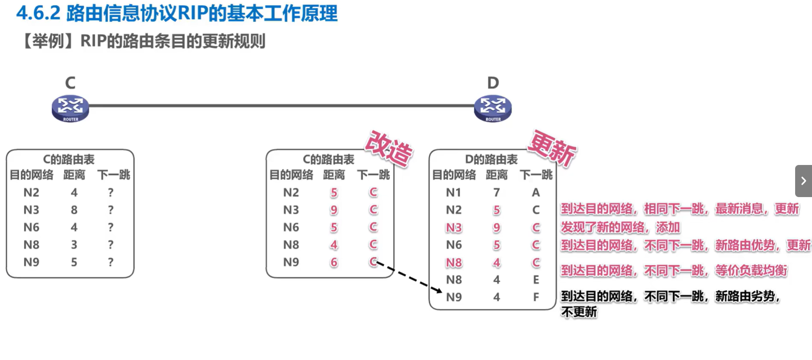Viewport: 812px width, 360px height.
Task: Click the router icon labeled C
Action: pyautogui.click(x=70, y=108)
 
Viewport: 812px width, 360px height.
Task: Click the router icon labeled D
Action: pyautogui.click(x=493, y=108)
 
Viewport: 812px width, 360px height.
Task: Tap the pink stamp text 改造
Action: pyautogui.click(x=389, y=149)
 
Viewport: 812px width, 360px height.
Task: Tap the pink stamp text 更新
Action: pyautogui.click(x=552, y=148)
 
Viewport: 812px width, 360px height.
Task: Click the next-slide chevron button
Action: pyautogui.click(x=803, y=181)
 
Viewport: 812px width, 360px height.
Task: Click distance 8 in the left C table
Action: pyautogui.click(x=74, y=210)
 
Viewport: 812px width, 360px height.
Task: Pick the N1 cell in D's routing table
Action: pyautogui.click(x=454, y=193)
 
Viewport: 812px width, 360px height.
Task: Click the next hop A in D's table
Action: pyautogui.click(x=536, y=193)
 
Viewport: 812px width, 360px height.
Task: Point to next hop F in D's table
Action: pyautogui.click(x=536, y=297)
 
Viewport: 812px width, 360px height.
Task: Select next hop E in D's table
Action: pyautogui.click(x=536, y=280)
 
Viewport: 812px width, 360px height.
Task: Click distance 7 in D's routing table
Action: pyautogui.click(x=497, y=193)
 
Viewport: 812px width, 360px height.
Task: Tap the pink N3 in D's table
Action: pyautogui.click(x=454, y=228)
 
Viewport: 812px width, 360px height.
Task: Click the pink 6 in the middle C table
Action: pyautogui.click(x=334, y=262)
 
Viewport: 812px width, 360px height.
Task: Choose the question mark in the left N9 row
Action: pyautogui.click(x=111, y=262)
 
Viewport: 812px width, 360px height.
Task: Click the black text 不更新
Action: pyautogui.click(x=579, y=312)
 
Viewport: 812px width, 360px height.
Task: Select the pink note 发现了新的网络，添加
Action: pyautogui.click(x=620, y=227)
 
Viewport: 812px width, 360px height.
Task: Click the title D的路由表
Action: pyautogui.click(x=491, y=159)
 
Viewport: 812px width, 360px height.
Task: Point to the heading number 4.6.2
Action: pyautogui.click(x=38, y=13)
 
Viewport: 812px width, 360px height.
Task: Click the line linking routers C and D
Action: pyautogui.click(x=282, y=106)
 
